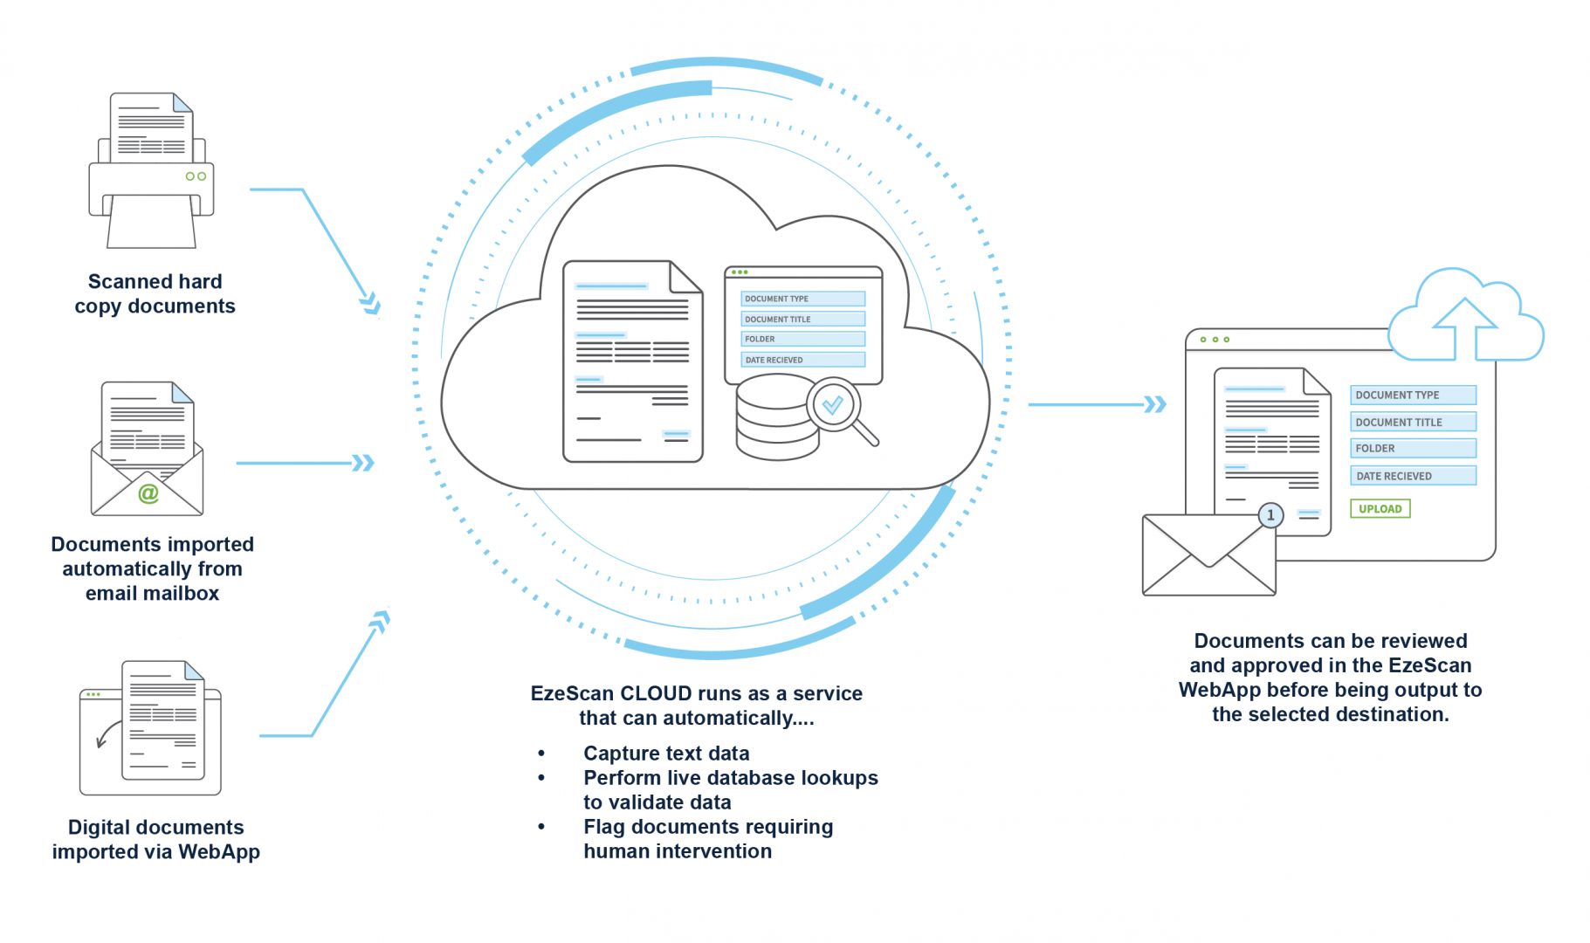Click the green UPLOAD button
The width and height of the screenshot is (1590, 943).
pos(1380,508)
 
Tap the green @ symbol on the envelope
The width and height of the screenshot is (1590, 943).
pos(148,493)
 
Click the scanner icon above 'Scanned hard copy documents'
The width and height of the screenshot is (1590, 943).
pos(151,171)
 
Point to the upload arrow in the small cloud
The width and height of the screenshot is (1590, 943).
pos(1464,327)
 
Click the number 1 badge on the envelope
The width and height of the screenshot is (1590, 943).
pos(1270,515)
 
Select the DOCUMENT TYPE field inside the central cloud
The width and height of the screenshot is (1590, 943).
pos(802,299)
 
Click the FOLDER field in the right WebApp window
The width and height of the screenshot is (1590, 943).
pos(1412,448)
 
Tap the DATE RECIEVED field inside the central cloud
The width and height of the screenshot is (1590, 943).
pos(802,360)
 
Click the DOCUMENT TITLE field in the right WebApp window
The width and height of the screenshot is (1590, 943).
pos(1412,422)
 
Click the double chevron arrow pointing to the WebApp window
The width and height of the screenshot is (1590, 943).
pos(1155,404)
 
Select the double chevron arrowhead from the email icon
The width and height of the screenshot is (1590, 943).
pos(362,463)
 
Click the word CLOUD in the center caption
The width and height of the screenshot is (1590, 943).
pos(656,693)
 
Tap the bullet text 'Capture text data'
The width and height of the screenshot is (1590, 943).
pos(666,753)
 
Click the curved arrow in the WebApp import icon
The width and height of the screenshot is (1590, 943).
pos(107,734)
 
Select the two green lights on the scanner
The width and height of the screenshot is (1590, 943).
pos(196,176)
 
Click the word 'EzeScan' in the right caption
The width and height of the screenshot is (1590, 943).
pos(1429,665)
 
